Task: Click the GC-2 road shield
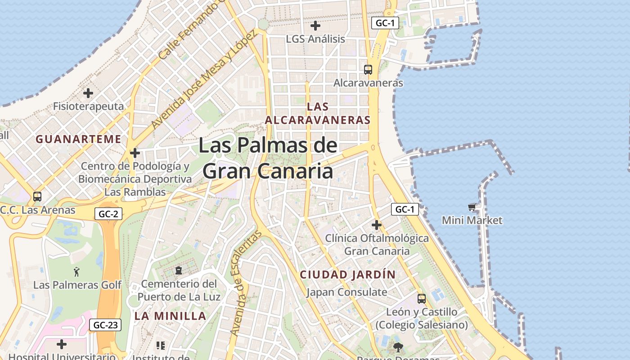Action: (108, 214)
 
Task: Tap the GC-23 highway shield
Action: (105, 325)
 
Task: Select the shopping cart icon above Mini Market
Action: (472, 207)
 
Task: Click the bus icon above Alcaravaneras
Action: (368, 70)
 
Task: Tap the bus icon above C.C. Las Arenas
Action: (37, 197)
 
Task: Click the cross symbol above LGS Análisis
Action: (315, 26)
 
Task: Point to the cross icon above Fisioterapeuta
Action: (88, 93)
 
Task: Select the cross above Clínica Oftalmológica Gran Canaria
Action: (377, 225)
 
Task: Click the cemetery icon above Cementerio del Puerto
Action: (179, 270)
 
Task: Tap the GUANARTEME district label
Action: (78, 139)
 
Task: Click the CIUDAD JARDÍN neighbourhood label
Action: (348, 274)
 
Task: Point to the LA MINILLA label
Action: (170, 316)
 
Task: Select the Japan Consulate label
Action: (346, 292)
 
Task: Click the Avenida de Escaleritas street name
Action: (245, 283)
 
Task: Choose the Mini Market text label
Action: (472, 220)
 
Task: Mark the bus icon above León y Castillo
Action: (422, 298)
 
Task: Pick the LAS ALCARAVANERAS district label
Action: (318, 113)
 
